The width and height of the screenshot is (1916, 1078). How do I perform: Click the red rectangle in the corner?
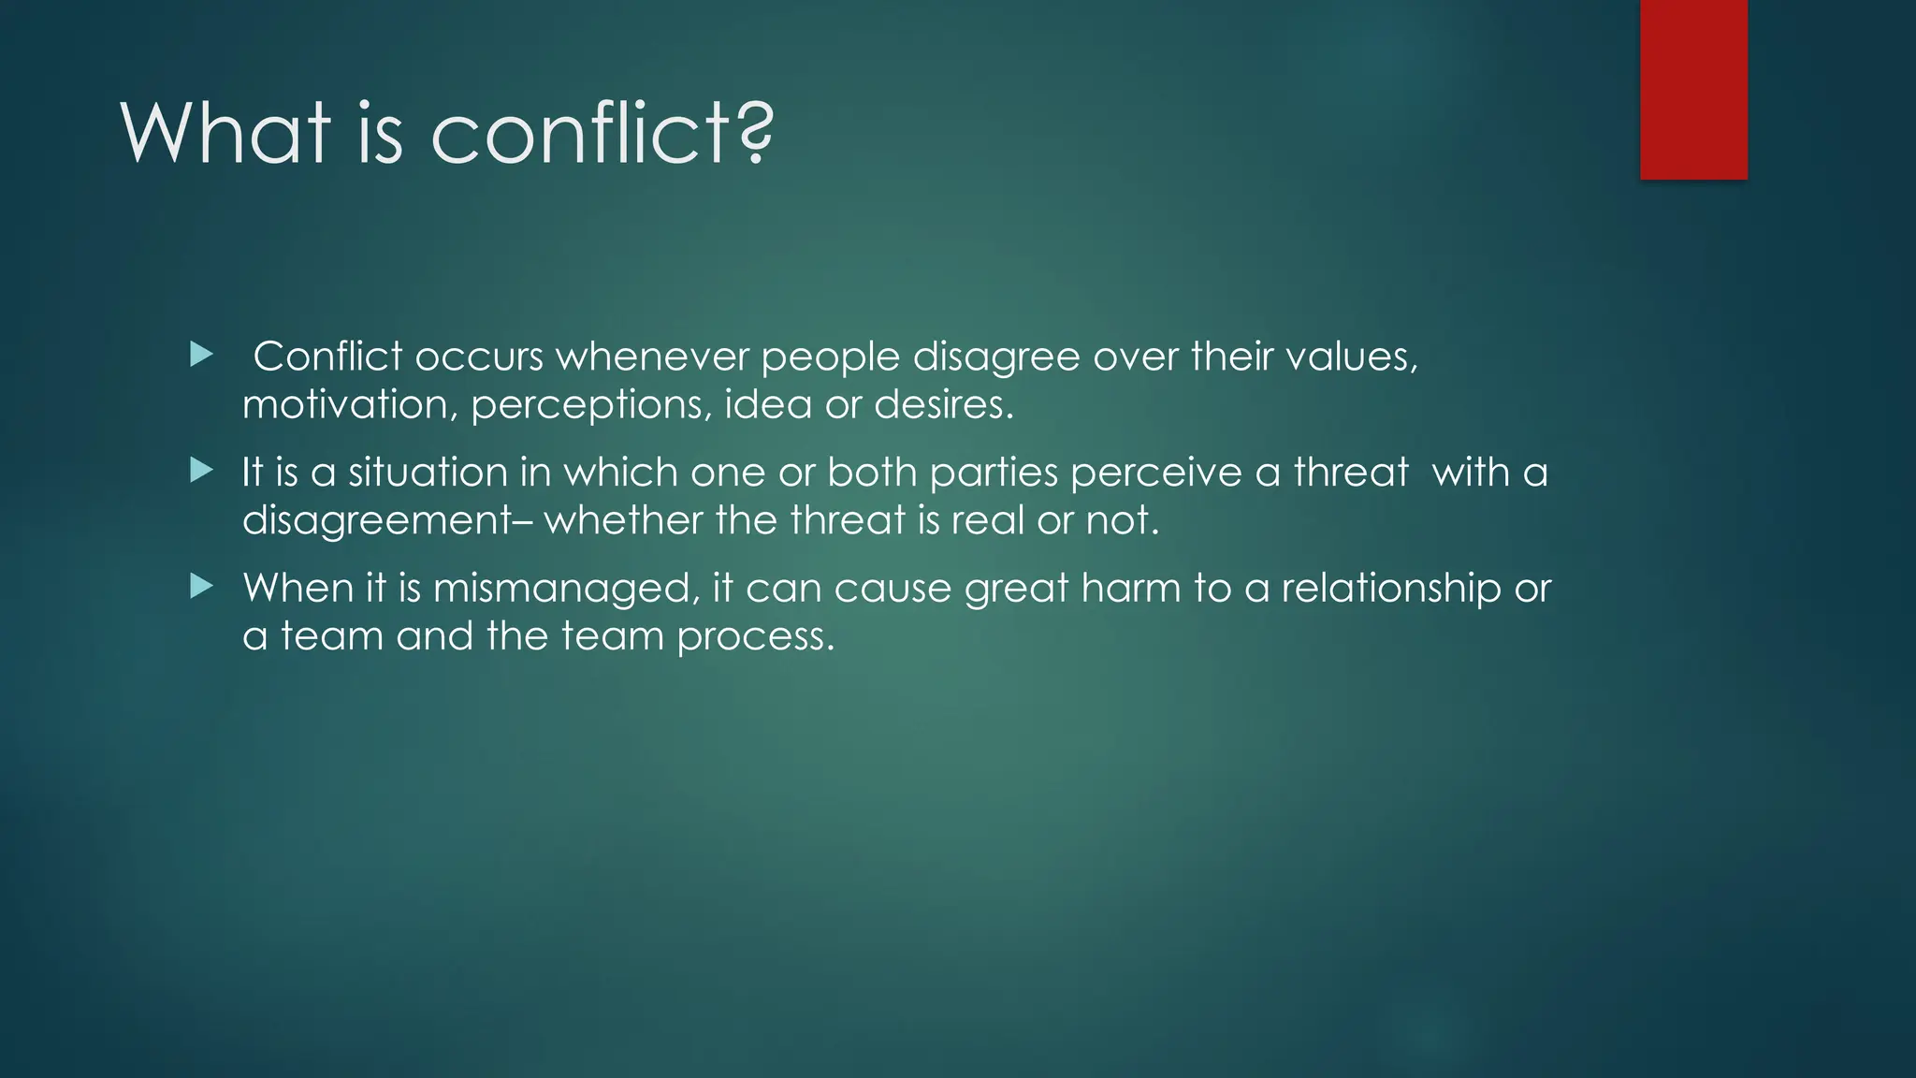pyautogui.click(x=1693, y=90)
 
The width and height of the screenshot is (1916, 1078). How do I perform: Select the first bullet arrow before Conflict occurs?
pyautogui.click(x=201, y=355)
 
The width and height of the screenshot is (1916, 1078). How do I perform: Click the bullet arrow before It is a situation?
pyautogui.click(x=201, y=471)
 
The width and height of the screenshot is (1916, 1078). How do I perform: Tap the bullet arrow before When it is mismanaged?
pyautogui.click(x=201, y=587)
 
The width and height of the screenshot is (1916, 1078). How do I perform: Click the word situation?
pyautogui.click(x=428, y=473)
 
